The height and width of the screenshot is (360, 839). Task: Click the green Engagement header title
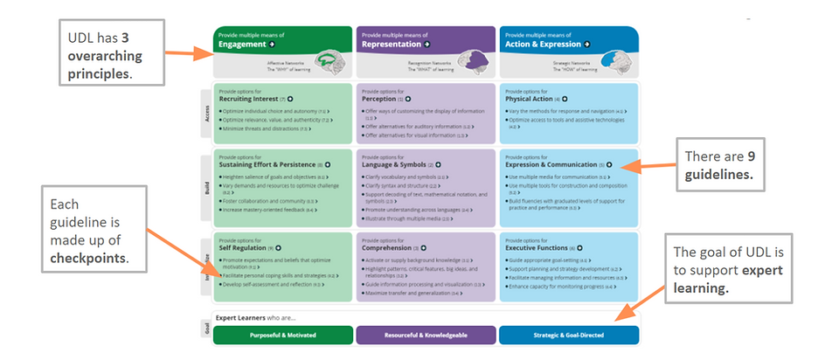[242, 43]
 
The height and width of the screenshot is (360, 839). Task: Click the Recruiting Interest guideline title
[251, 99]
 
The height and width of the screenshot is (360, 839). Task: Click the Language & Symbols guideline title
[394, 163]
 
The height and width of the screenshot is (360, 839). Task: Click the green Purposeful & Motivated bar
[282, 336]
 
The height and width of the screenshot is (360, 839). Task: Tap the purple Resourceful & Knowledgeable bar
[426, 336]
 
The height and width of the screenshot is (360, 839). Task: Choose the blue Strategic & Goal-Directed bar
[568, 336]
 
